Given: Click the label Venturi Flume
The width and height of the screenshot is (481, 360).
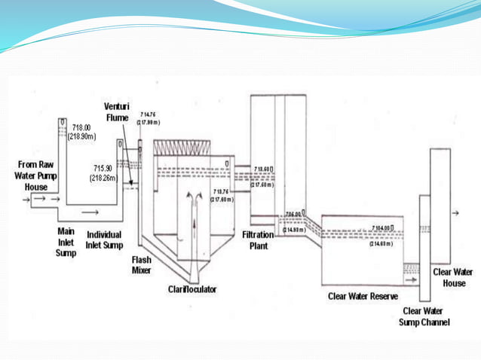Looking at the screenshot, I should [x=118, y=111].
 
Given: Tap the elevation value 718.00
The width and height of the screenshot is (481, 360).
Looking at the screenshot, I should [x=81, y=128].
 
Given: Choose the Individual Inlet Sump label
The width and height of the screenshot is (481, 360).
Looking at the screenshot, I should [x=104, y=239].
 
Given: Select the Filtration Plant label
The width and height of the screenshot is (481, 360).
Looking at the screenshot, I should [x=258, y=240].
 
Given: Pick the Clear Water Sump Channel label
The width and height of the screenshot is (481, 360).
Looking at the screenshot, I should [x=423, y=316].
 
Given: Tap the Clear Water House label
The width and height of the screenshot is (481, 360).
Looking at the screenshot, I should [x=456, y=277].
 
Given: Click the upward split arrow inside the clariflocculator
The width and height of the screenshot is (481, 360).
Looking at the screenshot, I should [x=194, y=197].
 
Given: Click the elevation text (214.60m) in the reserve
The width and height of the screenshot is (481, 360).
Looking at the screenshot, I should [x=383, y=243].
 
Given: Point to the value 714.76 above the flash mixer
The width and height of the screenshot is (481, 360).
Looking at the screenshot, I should [x=149, y=114].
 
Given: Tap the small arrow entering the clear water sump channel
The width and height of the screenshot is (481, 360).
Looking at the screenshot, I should [x=412, y=279].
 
